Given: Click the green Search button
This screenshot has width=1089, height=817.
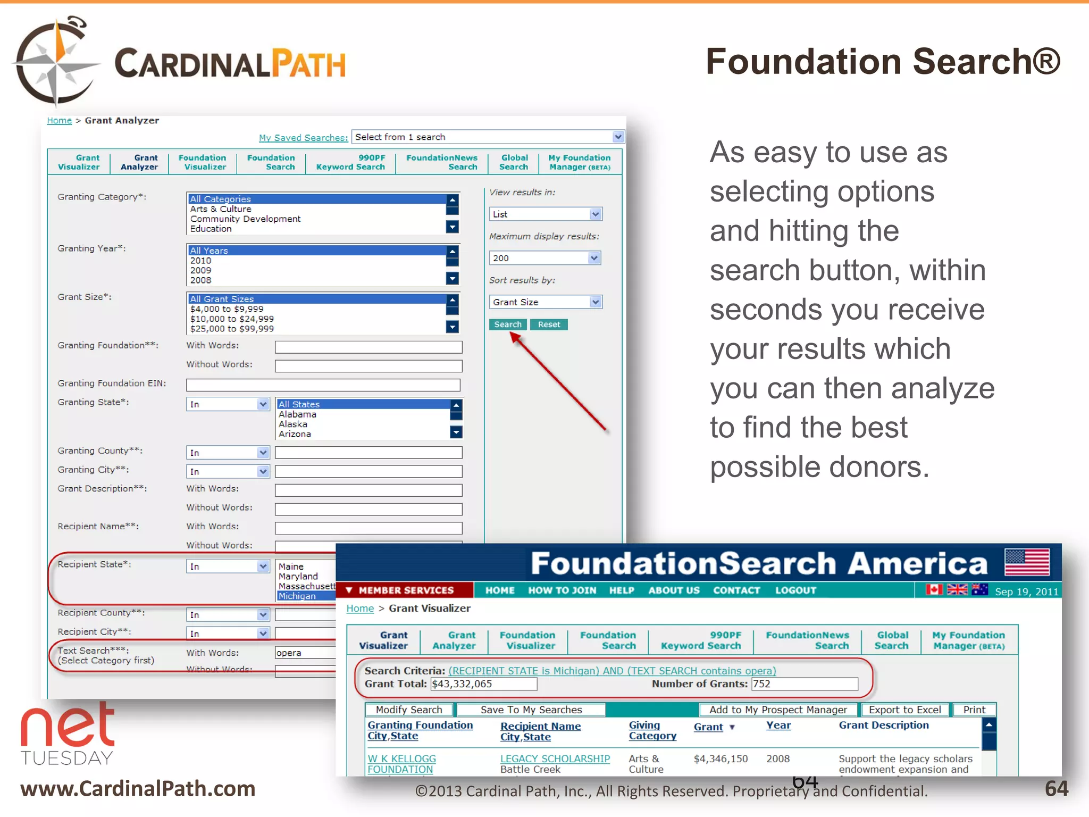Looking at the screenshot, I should pyautogui.click(x=508, y=324).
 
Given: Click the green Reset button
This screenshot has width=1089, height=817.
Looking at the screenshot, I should pyautogui.click(x=549, y=324).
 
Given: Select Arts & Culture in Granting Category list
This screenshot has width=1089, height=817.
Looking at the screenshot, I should pyautogui.click(x=221, y=209).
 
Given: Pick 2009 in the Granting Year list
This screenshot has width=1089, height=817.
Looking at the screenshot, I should pyautogui.click(x=200, y=270).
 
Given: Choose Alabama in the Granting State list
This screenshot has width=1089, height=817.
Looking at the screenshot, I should pyautogui.click(x=297, y=414).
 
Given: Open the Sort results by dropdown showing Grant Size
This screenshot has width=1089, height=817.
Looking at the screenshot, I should pyautogui.click(x=545, y=302).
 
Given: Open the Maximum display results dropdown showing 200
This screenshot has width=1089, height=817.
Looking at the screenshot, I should pyautogui.click(x=545, y=258).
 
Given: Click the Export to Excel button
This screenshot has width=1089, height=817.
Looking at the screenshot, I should pyautogui.click(x=904, y=710).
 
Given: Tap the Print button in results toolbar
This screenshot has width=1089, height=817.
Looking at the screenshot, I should pyautogui.click(x=974, y=710).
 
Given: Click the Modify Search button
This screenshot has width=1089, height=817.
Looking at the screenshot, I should pyautogui.click(x=409, y=710).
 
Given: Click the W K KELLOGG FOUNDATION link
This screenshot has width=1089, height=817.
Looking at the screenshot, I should pyautogui.click(x=401, y=764).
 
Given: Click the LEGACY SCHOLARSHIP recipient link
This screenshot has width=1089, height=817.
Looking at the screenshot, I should pyautogui.click(x=555, y=758).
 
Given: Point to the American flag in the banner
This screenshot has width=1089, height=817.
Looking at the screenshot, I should pyautogui.click(x=1027, y=563).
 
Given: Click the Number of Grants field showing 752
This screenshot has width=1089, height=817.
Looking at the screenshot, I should pyautogui.click(x=804, y=684).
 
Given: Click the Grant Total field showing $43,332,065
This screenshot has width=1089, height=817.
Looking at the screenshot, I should pyautogui.click(x=483, y=684).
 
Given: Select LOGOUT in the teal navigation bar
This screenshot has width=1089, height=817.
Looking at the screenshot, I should pyautogui.click(x=795, y=590).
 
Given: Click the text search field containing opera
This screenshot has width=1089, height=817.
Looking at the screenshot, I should pyautogui.click(x=305, y=653).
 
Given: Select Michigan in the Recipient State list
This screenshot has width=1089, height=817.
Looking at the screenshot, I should pyautogui.click(x=297, y=596).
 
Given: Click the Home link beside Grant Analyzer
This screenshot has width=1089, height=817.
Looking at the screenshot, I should pyautogui.click(x=59, y=121).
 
